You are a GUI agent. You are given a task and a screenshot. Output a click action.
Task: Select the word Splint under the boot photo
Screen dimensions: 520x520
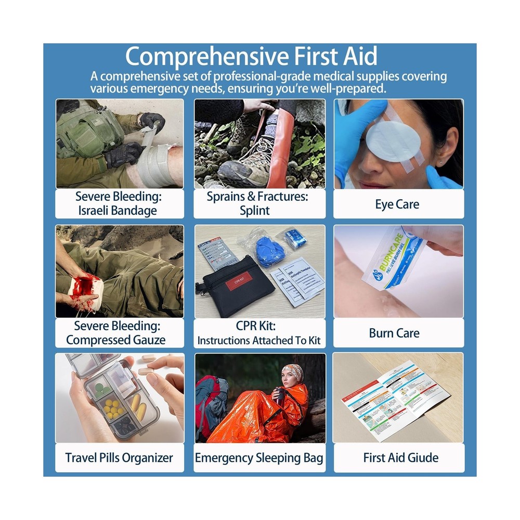coord(255,211)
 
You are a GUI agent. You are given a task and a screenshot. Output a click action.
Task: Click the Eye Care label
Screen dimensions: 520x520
coord(397,204)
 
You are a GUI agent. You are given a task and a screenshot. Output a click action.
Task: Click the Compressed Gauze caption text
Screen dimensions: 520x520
coord(116,340)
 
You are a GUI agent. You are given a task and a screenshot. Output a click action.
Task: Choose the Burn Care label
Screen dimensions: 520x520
coord(394,333)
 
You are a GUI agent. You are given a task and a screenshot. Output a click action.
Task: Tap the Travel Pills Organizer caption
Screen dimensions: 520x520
coord(119,458)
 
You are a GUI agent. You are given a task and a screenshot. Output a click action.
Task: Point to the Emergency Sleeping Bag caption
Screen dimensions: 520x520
coord(259,458)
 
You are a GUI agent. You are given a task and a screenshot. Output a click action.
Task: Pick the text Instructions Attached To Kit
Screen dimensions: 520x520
coord(259,341)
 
